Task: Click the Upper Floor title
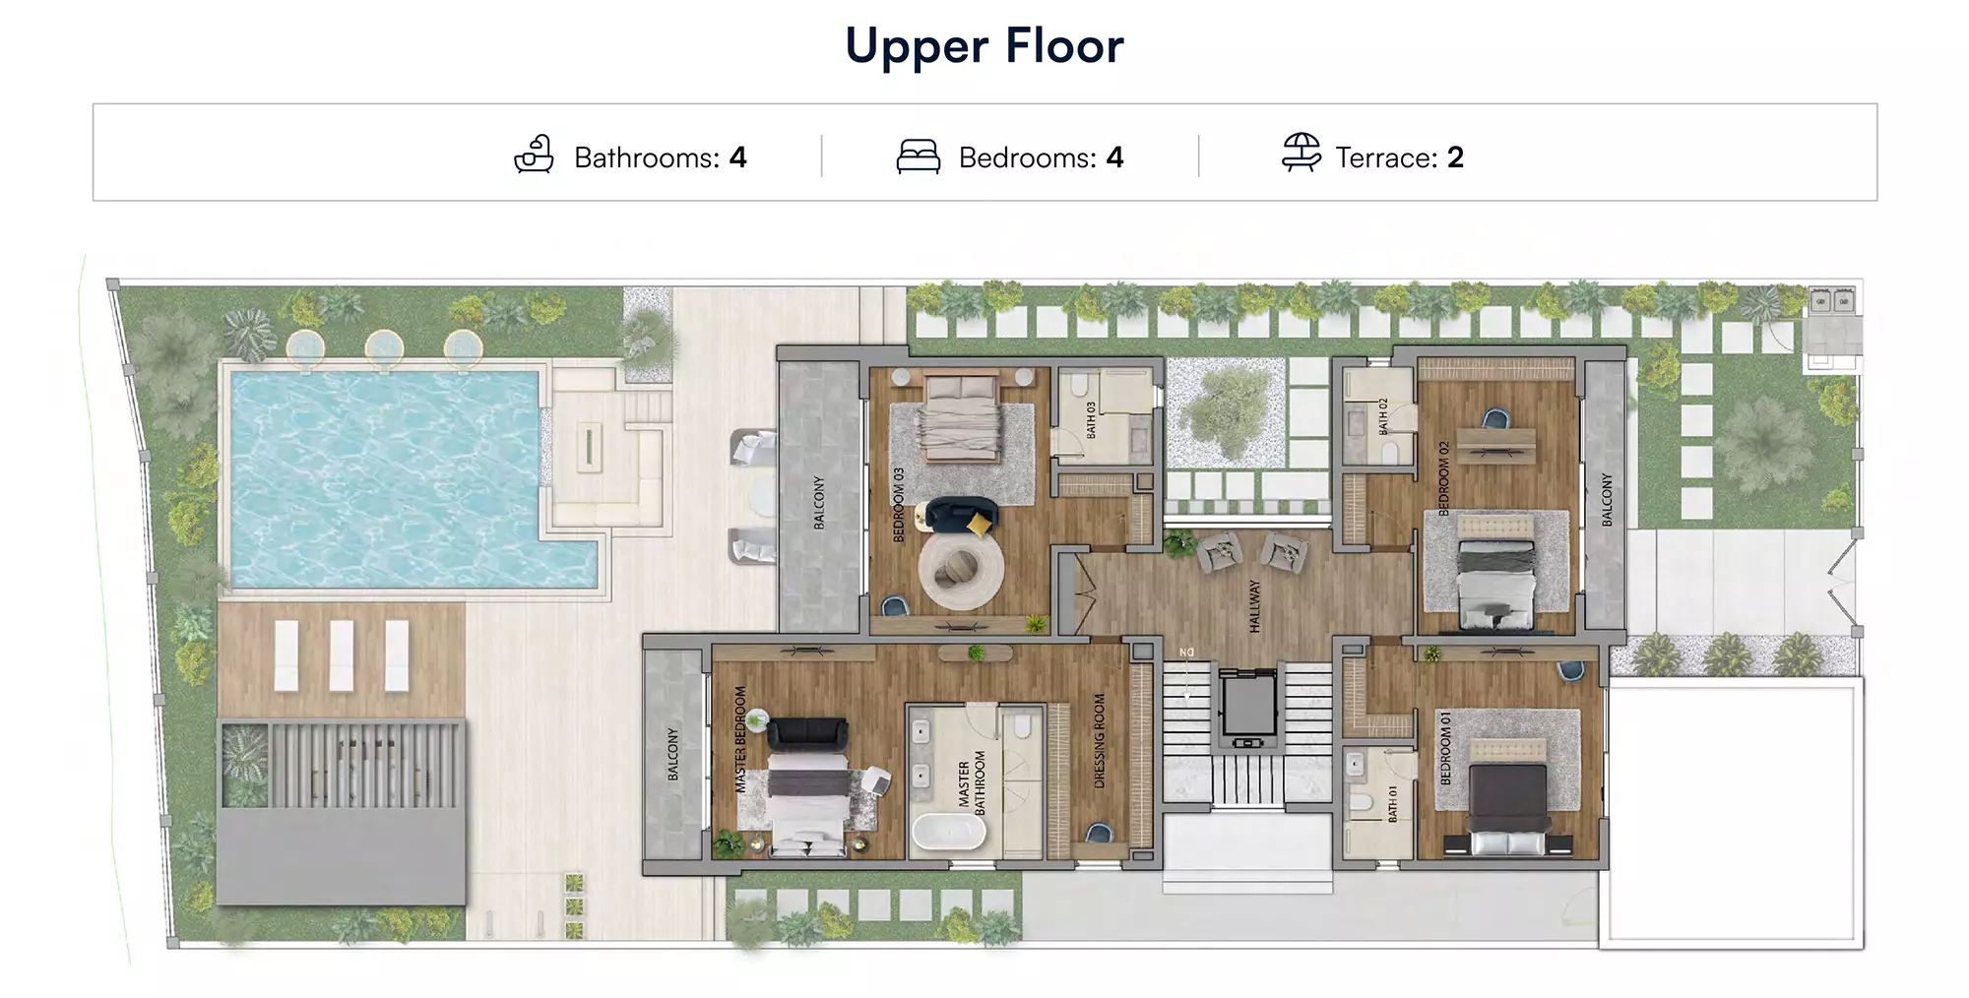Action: click(984, 46)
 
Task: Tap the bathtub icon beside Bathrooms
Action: click(535, 155)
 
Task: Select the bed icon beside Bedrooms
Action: click(918, 156)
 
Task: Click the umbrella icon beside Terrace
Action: click(1302, 154)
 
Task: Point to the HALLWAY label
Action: click(1254, 605)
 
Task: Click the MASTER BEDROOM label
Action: click(740, 739)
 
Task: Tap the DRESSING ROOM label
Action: click(1100, 741)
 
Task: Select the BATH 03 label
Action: click(1091, 420)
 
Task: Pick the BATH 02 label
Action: click(1383, 416)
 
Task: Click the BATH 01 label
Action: click(1392, 804)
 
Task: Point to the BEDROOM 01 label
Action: click(1446, 748)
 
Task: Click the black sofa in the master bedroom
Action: click(807, 733)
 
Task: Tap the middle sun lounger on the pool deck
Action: click(342, 655)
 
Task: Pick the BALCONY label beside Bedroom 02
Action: click(1607, 499)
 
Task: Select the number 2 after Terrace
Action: click(1455, 157)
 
